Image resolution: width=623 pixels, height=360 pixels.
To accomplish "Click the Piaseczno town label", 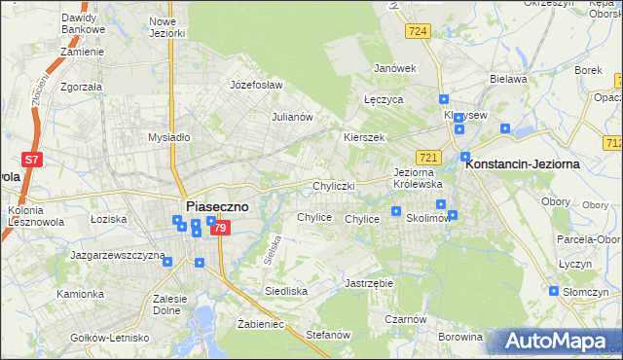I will [216, 206].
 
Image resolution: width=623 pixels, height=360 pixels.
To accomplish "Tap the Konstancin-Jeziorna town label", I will [523, 163].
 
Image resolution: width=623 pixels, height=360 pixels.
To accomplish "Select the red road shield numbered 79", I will [221, 228].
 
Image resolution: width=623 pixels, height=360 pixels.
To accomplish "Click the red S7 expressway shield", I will [32, 160].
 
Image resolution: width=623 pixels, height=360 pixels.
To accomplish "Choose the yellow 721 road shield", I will [429, 157].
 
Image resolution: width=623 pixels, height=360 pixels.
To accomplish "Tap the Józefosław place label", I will [256, 85].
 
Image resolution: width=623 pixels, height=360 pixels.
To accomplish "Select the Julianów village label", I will [291, 117].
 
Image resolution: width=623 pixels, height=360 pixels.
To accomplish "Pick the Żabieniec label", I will [260, 323].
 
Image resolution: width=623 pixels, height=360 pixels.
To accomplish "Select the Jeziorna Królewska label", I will [418, 178].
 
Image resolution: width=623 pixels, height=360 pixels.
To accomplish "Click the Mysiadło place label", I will [168, 137].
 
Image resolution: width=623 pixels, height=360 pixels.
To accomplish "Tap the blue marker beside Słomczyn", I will [554, 291].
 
